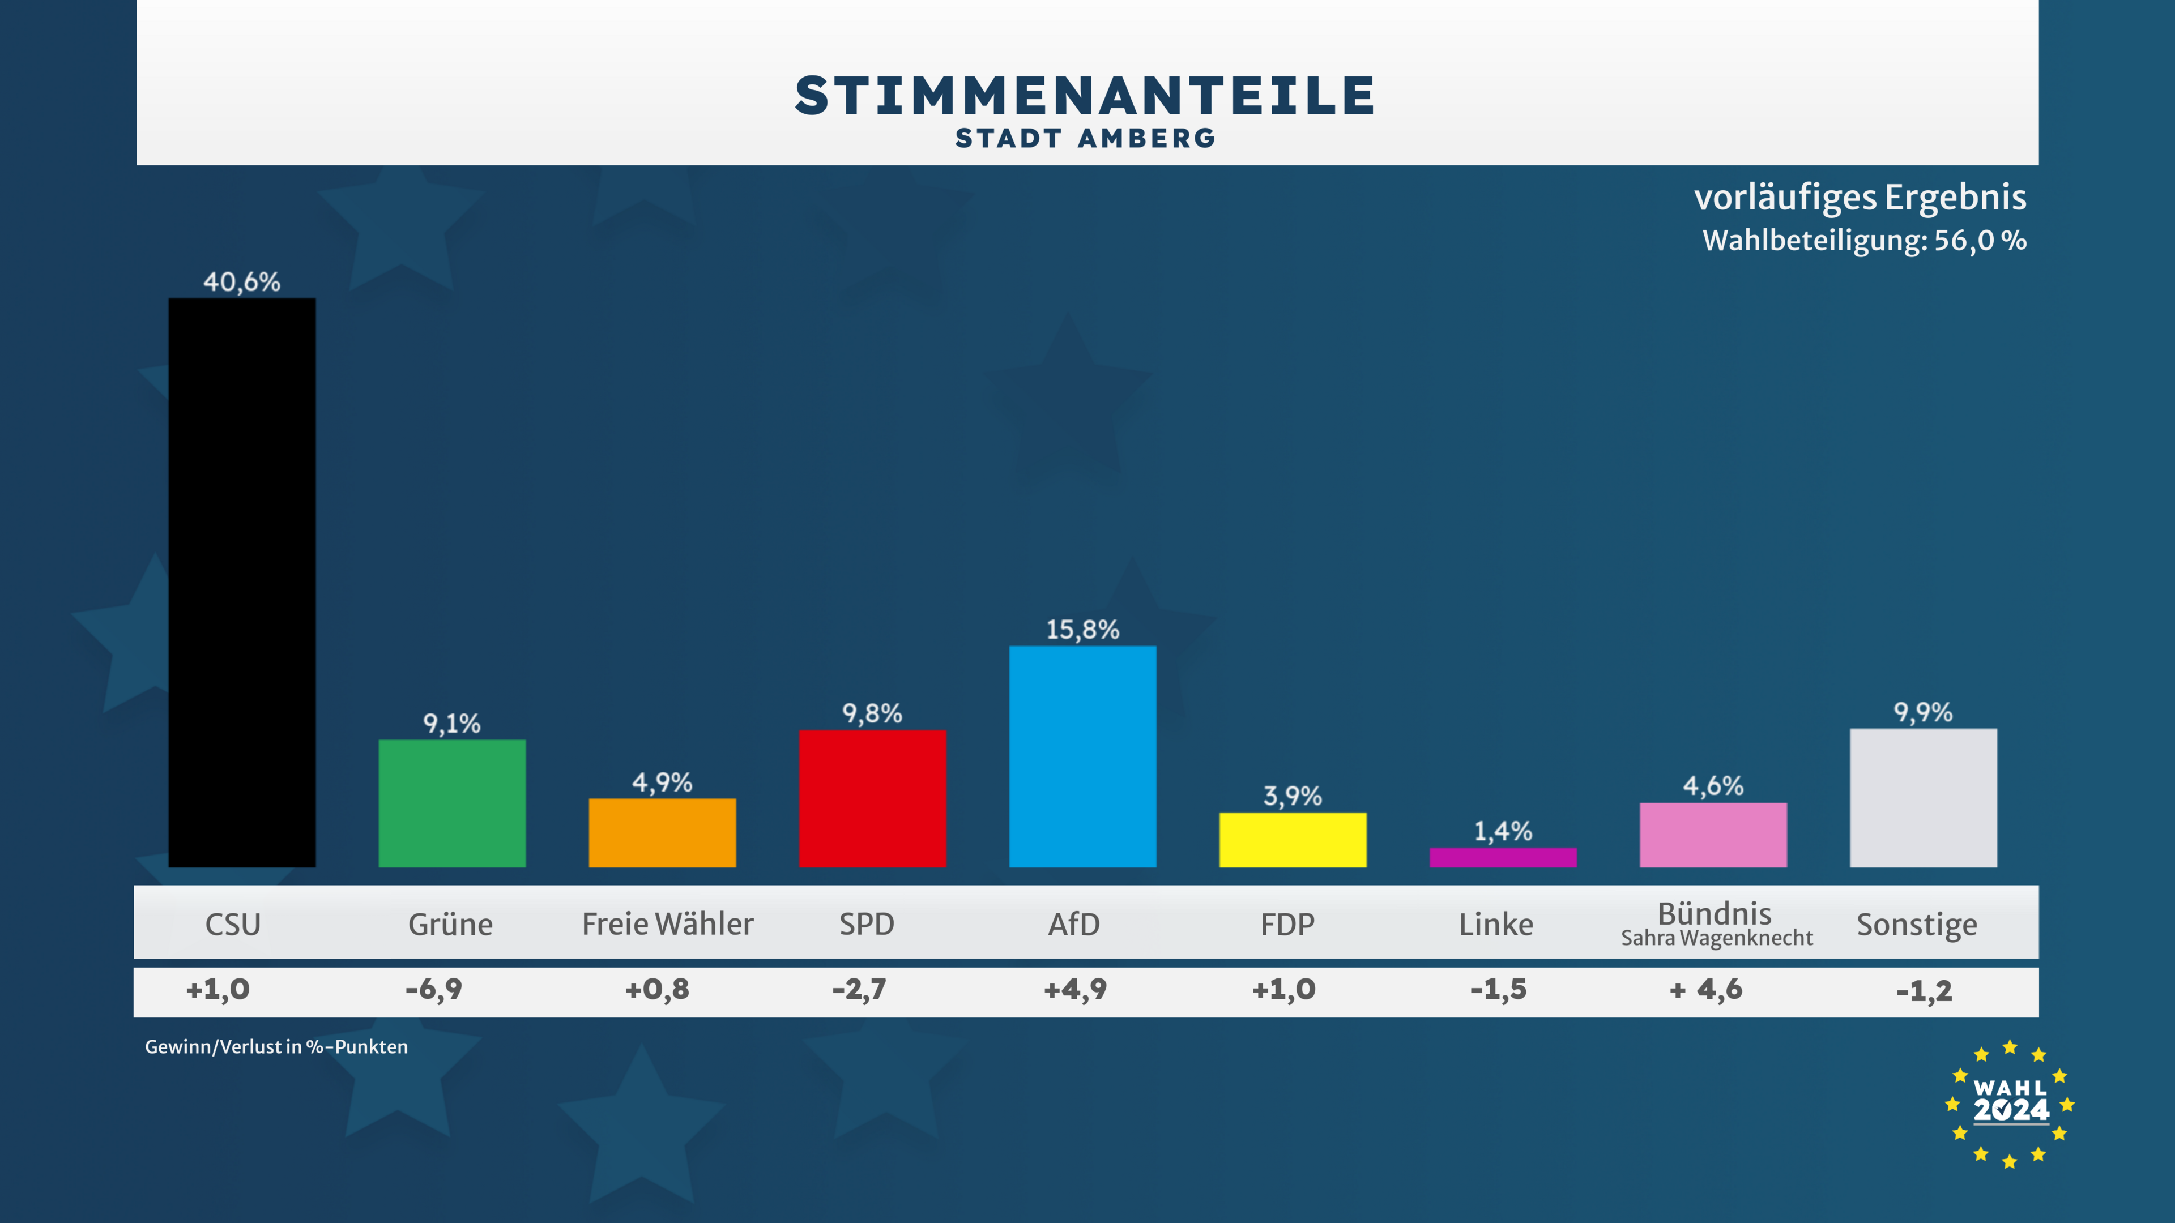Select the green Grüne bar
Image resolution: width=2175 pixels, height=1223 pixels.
click(x=452, y=803)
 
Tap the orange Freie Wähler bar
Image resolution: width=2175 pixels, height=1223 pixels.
click(x=662, y=832)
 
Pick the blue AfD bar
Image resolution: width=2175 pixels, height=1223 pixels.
click(x=1082, y=756)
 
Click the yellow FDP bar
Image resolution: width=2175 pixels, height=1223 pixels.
click(x=1293, y=840)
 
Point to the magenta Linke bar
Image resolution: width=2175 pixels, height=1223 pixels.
click(x=1503, y=858)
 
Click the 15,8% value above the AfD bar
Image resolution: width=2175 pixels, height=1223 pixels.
click(x=1082, y=630)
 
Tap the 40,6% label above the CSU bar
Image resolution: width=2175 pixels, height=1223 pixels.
click(x=241, y=282)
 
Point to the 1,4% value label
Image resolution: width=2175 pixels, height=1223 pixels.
click(x=1503, y=831)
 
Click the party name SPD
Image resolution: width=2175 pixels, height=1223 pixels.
click(x=866, y=924)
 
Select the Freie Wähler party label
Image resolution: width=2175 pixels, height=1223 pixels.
click(x=667, y=924)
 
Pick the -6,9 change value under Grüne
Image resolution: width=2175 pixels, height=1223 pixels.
click(x=434, y=989)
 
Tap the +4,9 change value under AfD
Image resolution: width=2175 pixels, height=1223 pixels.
click(x=1075, y=989)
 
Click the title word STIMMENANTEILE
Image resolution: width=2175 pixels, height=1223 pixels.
click(x=1086, y=95)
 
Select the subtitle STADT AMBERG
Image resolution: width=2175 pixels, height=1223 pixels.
click(x=1086, y=138)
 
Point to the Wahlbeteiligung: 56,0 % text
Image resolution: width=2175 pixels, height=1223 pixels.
click(x=1864, y=241)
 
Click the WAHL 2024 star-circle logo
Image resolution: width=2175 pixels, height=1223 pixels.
click(x=2010, y=1104)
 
